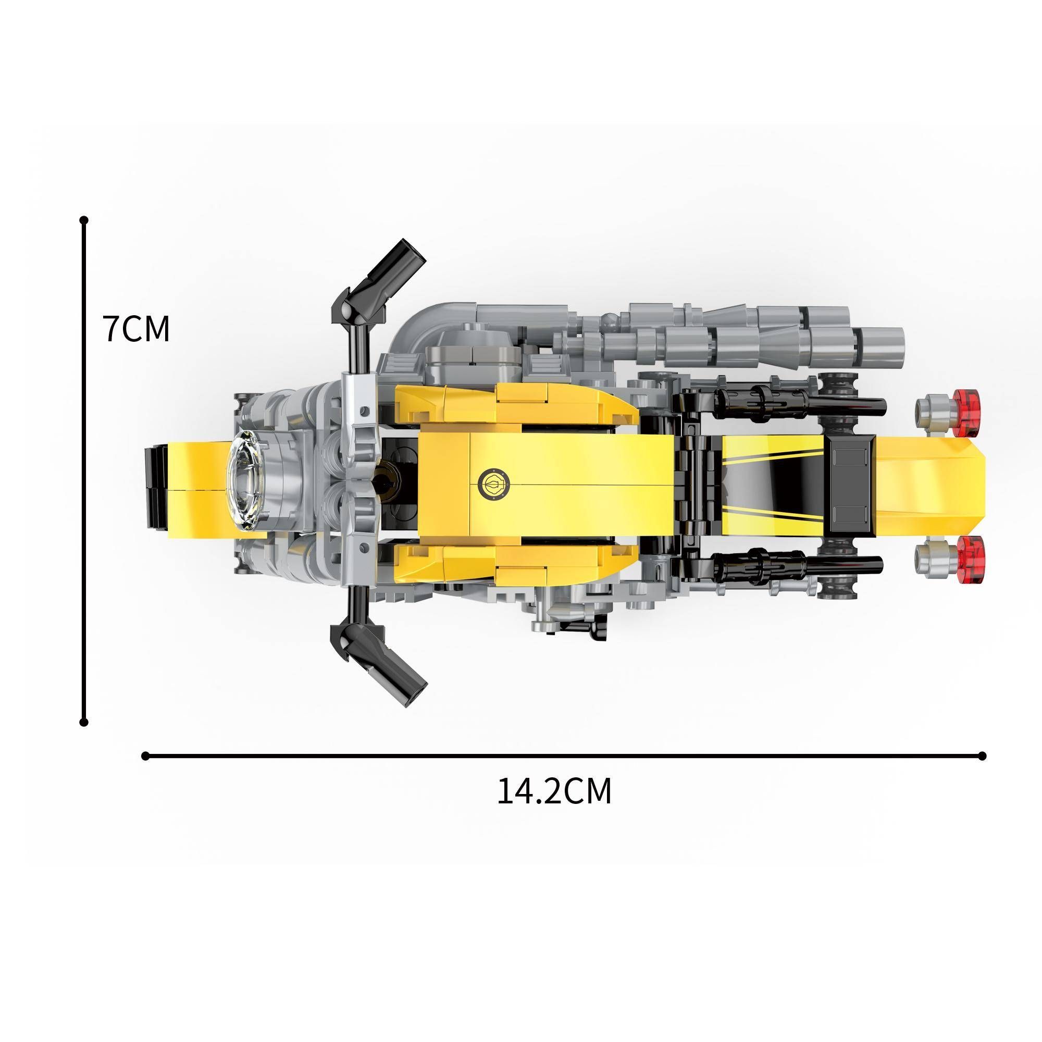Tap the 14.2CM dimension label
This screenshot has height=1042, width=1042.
[x=554, y=791]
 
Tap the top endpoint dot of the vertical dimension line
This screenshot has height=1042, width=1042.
[x=83, y=220]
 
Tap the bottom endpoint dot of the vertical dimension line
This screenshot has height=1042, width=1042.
[x=83, y=722]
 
